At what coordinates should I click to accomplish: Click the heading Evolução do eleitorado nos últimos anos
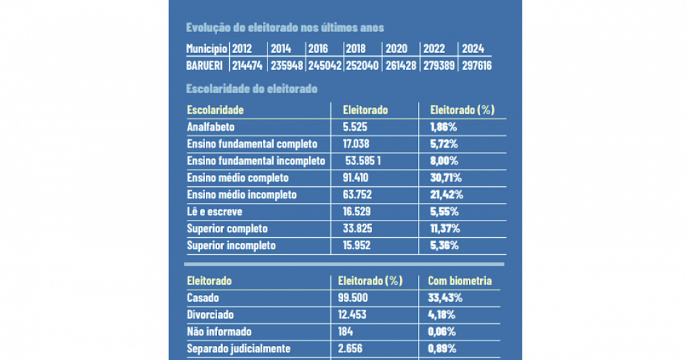[285, 27]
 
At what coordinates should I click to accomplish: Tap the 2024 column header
[473, 49]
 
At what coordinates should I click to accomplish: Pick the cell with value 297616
[476, 65]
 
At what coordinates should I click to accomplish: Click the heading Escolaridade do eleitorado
[252, 89]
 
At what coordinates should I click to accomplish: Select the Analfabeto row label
[211, 127]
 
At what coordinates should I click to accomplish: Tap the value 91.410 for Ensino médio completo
[356, 178]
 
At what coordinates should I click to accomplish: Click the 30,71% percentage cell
[446, 178]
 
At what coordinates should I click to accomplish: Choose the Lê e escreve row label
[214, 211]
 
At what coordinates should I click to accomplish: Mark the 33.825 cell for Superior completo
[358, 229]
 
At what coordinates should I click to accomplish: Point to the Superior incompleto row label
[231, 246]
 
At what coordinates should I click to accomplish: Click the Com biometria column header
[460, 281]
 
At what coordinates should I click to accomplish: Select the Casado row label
[203, 298]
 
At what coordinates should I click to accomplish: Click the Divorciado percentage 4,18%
[442, 315]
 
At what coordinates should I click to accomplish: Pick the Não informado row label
[219, 331]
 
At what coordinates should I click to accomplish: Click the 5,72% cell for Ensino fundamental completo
[442, 144]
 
